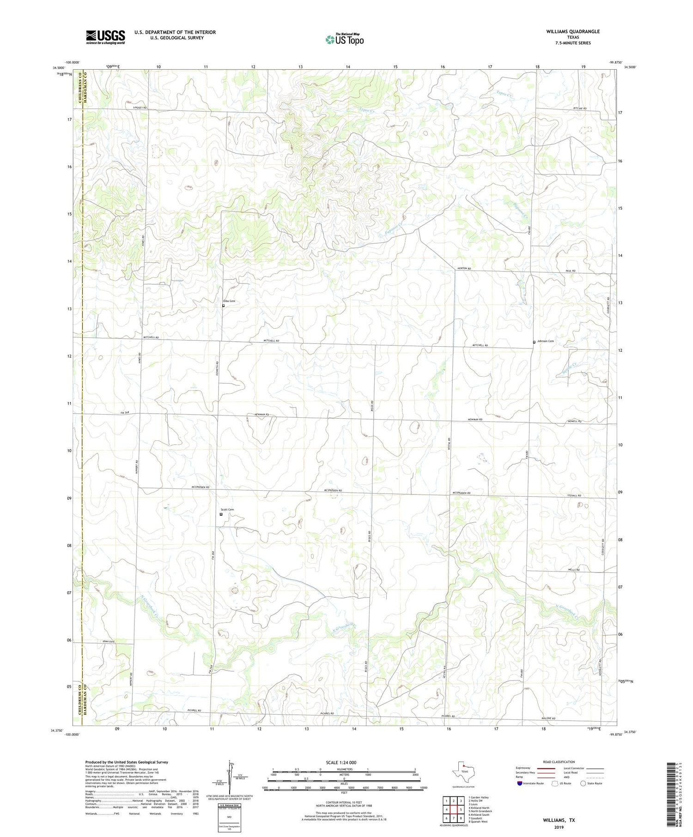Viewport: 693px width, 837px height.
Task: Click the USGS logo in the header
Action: [x=105, y=37]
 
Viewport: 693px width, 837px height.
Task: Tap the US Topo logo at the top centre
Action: [x=345, y=40]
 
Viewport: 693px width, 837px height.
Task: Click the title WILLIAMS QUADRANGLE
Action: [x=573, y=31]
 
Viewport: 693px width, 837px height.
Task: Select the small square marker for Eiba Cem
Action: [x=224, y=306]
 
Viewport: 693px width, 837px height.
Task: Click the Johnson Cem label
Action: [x=545, y=341]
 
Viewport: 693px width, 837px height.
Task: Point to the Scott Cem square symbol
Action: [x=221, y=514]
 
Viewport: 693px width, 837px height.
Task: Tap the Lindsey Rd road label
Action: [x=140, y=108]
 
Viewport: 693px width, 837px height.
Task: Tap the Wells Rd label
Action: [x=574, y=570]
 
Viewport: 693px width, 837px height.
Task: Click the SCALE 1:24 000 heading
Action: [x=344, y=762]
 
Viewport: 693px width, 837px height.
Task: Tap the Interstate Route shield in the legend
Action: [x=520, y=783]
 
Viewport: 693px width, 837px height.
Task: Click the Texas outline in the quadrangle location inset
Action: [x=463, y=771]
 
